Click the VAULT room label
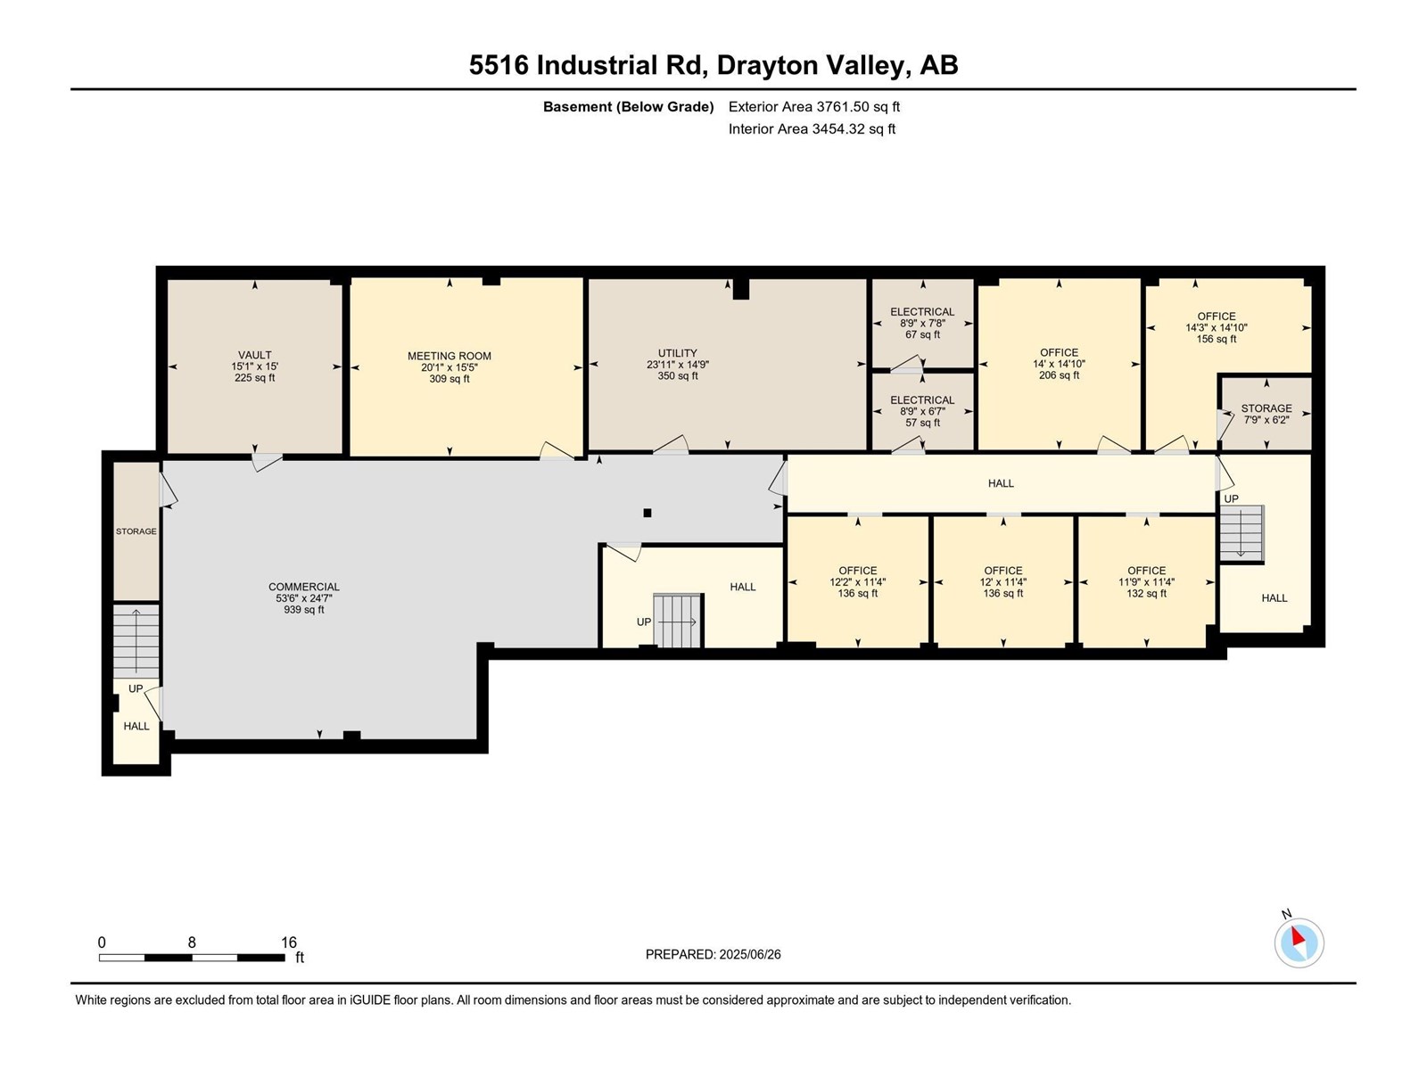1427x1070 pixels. coord(254,356)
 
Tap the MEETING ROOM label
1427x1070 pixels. coord(450,356)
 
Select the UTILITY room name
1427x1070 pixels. coord(678,353)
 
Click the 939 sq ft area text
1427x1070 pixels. coord(303,610)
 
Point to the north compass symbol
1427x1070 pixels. coord(1299,942)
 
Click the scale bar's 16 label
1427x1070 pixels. coord(289,942)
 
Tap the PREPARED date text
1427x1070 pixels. coord(713,954)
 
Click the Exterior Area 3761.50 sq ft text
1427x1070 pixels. coord(814,106)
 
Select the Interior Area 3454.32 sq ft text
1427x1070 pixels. coord(812,128)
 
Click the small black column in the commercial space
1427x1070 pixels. coord(647,514)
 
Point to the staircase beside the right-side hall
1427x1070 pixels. coord(1241,534)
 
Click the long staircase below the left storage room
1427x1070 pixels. coord(136,642)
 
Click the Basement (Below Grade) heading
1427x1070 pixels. coord(629,106)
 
